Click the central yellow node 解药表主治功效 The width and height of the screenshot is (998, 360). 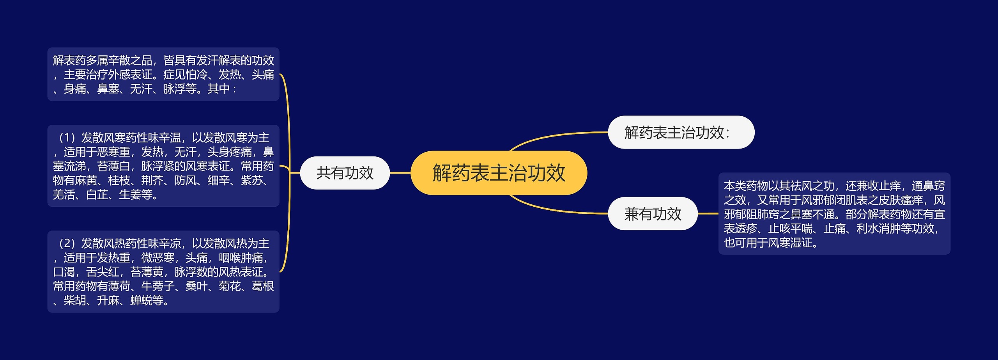tap(499, 173)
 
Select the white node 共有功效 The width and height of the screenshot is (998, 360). tap(345, 173)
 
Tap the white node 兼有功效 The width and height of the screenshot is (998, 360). tap(653, 214)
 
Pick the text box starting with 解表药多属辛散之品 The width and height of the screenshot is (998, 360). tap(163, 74)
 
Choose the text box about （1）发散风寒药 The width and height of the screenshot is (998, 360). tap(163, 166)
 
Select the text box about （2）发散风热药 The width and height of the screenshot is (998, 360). tap(163, 271)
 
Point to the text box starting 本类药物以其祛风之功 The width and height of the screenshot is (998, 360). tap(834, 214)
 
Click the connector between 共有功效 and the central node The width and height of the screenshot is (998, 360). tap(400, 173)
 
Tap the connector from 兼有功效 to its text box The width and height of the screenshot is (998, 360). tap(708, 214)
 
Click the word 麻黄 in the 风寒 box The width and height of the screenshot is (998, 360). tap(86, 181)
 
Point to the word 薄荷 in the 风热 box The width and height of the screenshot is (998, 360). tap(119, 286)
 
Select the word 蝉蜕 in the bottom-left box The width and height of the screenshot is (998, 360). tap(141, 301)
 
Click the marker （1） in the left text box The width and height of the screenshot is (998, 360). tap(67, 138)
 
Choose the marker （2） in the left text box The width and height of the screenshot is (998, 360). tap(67, 244)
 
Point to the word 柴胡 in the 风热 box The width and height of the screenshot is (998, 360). tap(75, 301)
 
